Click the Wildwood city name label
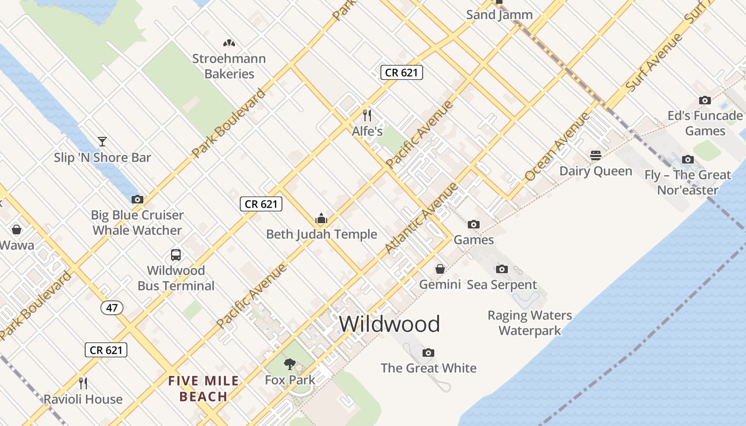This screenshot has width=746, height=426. (x=390, y=324)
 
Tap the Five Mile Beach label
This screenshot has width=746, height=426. (x=204, y=389)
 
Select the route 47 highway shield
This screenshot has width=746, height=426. (x=111, y=308)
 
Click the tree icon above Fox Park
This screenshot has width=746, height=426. (x=290, y=364)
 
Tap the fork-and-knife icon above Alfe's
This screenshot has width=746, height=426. (x=367, y=115)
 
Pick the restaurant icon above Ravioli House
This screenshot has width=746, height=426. (x=83, y=383)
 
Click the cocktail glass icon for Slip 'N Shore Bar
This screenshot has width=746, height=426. (x=102, y=142)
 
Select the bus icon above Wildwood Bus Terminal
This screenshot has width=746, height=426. (x=176, y=255)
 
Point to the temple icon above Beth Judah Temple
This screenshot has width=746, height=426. (x=321, y=218)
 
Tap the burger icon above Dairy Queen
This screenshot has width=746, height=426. (x=596, y=155)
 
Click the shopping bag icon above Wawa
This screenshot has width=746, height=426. (x=17, y=230)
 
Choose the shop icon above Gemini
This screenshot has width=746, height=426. (x=440, y=269)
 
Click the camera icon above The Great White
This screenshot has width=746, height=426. (x=428, y=353)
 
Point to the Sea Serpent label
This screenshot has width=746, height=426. (x=502, y=284)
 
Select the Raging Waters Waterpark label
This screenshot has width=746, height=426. (x=530, y=323)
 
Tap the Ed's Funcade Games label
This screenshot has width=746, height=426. (x=705, y=123)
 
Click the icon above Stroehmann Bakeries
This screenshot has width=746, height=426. (x=229, y=43)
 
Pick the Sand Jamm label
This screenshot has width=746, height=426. (x=499, y=15)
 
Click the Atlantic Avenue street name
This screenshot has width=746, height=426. (x=421, y=218)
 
